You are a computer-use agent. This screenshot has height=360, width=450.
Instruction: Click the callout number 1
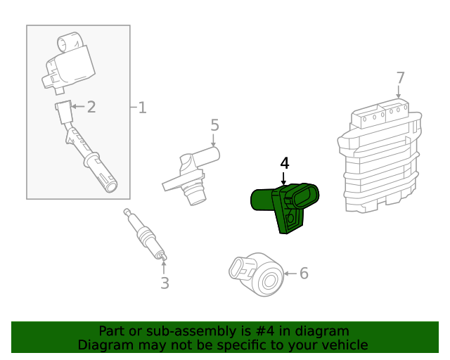point(142,108)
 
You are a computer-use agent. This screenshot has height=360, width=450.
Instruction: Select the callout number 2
point(91,107)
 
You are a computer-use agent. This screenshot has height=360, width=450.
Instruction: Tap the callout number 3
point(165,283)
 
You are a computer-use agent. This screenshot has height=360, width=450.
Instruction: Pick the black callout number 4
point(284,163)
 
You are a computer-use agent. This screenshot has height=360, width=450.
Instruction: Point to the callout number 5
point(214,125)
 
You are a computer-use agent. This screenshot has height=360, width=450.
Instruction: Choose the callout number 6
point(304,273)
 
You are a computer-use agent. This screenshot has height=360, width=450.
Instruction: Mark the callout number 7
point(400,77)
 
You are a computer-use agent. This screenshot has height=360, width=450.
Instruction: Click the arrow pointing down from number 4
point(284,179)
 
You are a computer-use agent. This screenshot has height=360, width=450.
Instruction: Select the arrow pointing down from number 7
point(399,93)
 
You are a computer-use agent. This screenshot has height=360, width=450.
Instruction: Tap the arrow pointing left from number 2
point(78,107)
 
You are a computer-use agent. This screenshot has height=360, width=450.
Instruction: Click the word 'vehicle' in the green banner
point(344,345)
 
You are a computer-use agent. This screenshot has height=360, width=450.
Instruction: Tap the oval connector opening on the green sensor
point(305,195)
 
